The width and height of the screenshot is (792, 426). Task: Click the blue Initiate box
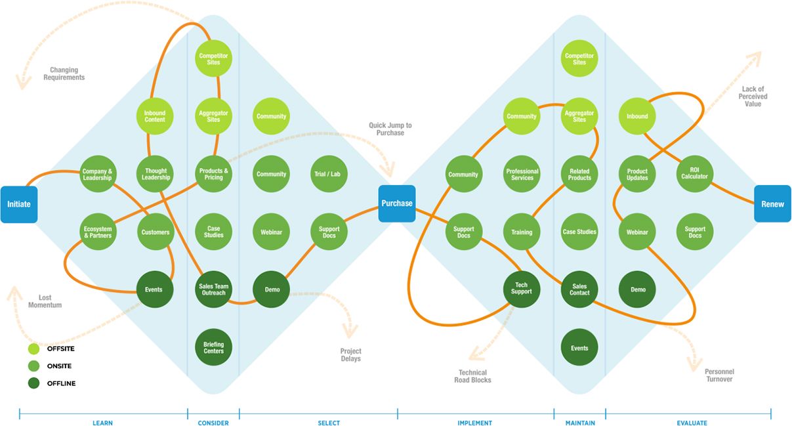[19, 204]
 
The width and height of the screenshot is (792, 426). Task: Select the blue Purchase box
[397, 203]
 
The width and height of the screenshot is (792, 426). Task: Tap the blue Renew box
[772, 203]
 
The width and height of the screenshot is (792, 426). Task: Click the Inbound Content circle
[155, 116]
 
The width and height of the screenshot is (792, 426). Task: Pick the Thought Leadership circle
[156, 174]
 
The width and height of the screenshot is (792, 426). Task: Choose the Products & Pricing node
[213, 174]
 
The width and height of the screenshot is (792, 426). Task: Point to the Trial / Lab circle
[329, 174]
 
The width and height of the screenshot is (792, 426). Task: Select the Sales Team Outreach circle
[213, 289]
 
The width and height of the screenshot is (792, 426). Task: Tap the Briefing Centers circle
[213, 347]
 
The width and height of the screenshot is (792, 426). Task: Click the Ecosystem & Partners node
[98, 232]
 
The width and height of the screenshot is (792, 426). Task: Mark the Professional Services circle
[522, 174]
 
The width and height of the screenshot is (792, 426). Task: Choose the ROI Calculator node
[695, 174]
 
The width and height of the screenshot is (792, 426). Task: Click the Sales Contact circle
[579, 289]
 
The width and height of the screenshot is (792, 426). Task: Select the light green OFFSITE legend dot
[34, 349]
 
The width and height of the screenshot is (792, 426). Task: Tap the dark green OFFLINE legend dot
[34, 383]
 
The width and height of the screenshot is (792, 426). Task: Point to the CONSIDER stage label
[213, 423]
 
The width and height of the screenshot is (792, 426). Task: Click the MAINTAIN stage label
[580, 423]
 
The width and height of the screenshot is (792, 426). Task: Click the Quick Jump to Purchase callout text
[390, 129]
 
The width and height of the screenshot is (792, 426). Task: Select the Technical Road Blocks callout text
[472, 377]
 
